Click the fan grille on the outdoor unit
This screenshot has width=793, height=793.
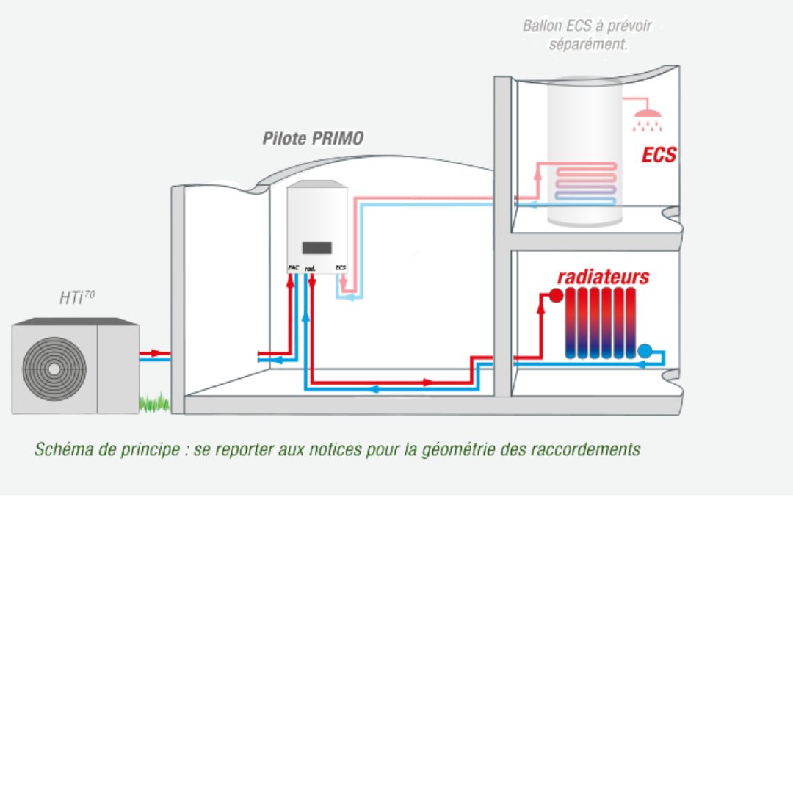(x=54, y=368)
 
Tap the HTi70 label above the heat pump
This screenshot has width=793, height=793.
(x=76, y=297)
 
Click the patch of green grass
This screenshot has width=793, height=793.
(x=153, y=402)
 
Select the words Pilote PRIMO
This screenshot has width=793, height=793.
(x=313, y=139)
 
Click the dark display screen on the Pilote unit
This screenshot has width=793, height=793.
(x=317, y=248)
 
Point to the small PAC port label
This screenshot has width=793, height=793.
(x=293, y=268)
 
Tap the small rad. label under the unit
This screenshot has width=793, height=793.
(x=310, y=269)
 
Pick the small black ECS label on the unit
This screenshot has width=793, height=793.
(x=340, y=268)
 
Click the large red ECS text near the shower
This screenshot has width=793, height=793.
(x=659, y=155)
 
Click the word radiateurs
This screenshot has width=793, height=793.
(x=603, y=277)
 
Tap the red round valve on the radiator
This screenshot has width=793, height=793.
(x=556, y=295)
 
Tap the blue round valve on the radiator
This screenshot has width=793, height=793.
(x=645, y=351)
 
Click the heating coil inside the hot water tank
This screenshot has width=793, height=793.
(x=585, y=183)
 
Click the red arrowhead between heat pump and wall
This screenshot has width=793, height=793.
(x=155, y=353)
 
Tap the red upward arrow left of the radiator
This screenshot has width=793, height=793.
(x=541, y=308)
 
